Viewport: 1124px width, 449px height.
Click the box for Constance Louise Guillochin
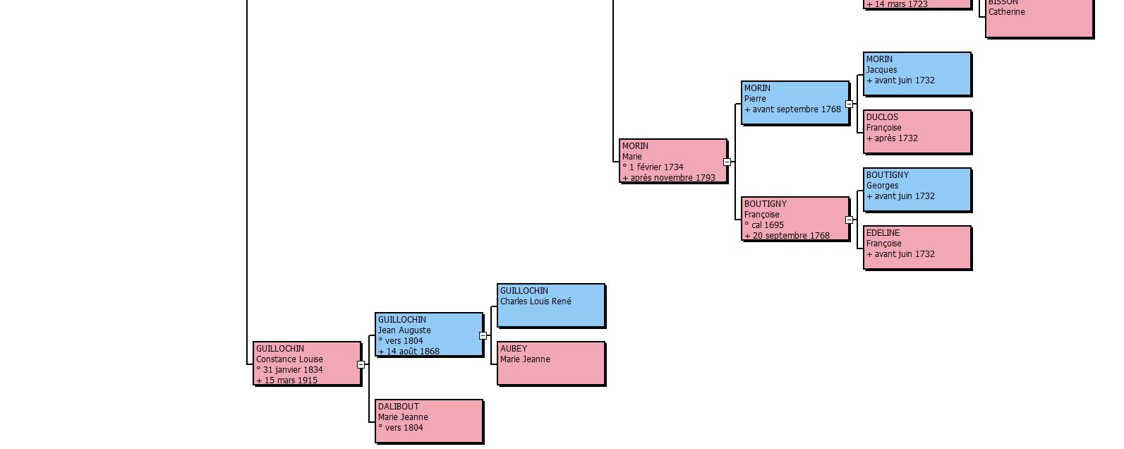point(307,364)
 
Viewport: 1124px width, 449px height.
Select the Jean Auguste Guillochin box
point(429,335)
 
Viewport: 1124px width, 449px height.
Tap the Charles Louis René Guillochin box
point(551,306)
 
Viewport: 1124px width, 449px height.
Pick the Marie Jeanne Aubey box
point(551,364)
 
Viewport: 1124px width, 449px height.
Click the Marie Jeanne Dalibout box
point(429,421)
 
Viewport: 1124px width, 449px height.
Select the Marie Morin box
point(673,161)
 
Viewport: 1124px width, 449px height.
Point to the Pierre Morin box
point(795,103)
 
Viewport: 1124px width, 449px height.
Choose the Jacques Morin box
point(917,74)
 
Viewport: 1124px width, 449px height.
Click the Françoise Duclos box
point(917,132)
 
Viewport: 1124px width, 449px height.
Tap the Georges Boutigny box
point(917,190)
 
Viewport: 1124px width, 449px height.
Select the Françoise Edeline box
point(917,248)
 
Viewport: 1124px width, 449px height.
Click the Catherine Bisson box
point(1039,18)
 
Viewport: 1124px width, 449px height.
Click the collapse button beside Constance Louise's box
point(361,365)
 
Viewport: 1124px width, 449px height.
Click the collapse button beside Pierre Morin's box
point(849,104)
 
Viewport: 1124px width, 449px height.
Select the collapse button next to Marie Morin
point(727,162)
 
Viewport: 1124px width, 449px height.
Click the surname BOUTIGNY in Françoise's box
point(766,204)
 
